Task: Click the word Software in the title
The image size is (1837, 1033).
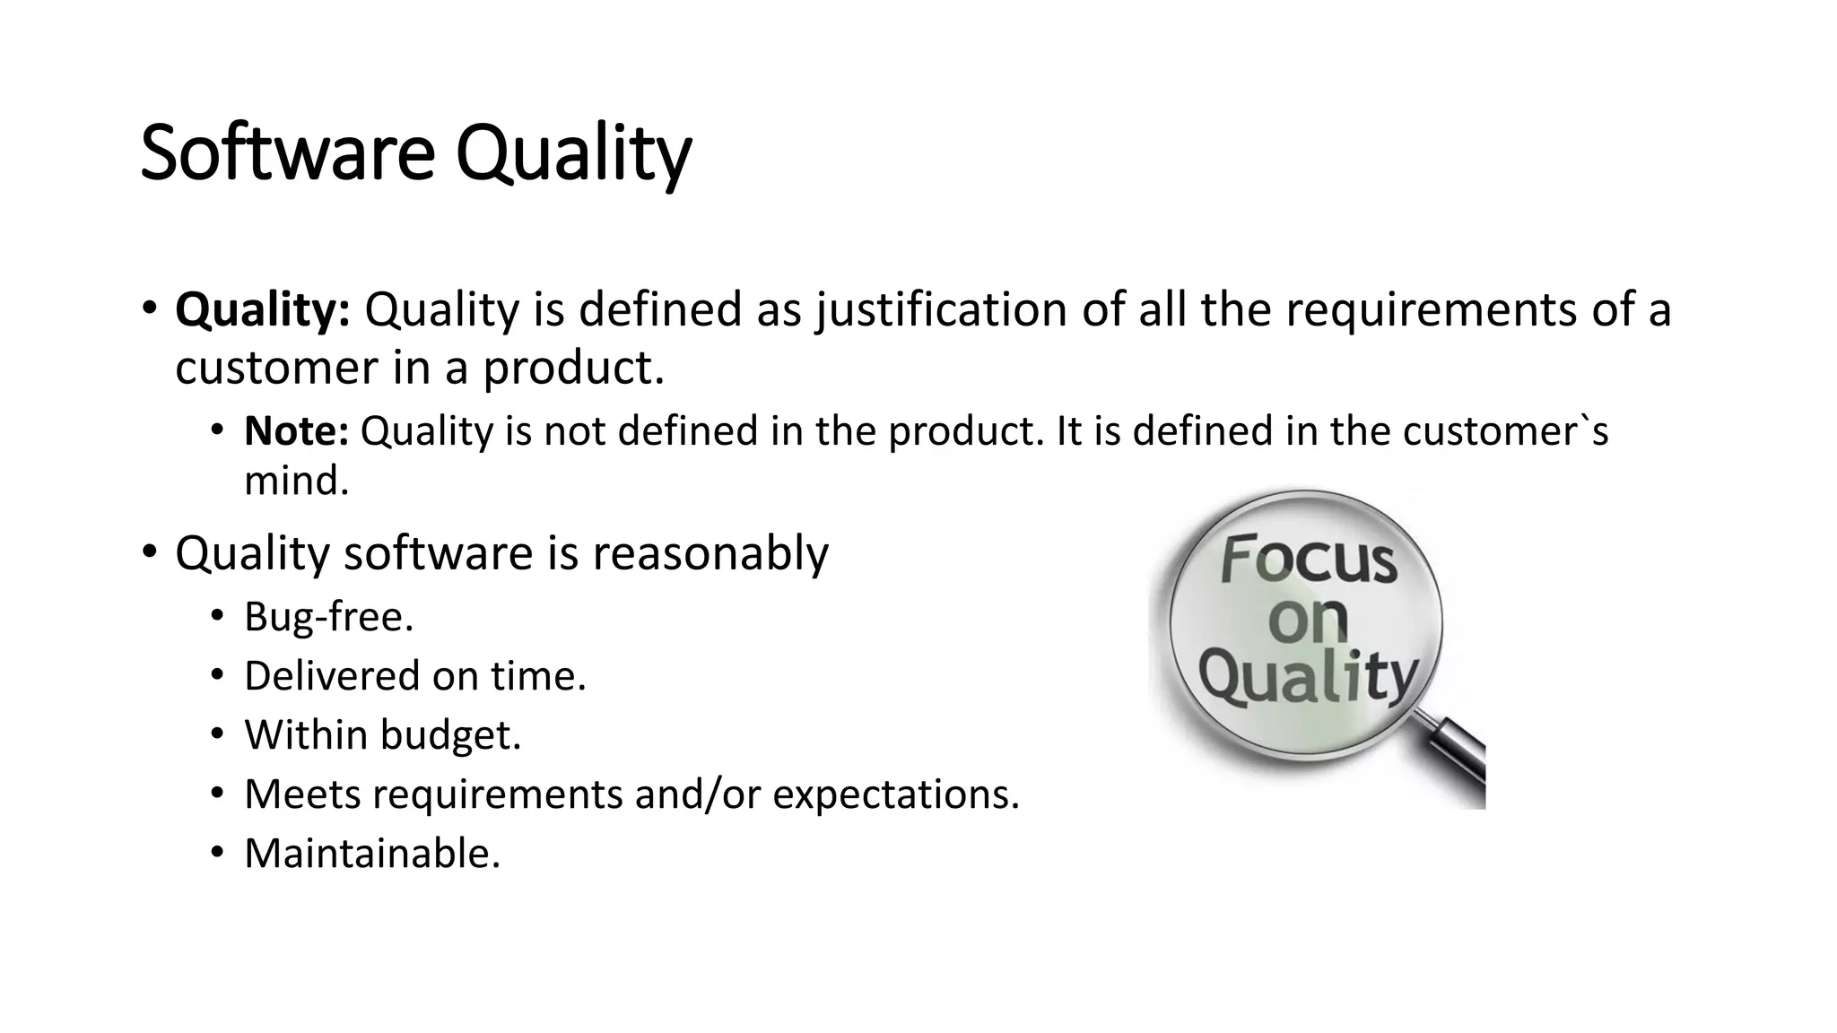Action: click(287, 153)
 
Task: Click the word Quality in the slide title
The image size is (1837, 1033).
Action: click(574, 153)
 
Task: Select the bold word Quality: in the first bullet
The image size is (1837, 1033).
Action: click(262, 309)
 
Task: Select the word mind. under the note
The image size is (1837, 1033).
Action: click(296, 481)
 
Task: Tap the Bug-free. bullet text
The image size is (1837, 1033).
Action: click(328, 617)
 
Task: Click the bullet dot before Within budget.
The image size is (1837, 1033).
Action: click(216, 735)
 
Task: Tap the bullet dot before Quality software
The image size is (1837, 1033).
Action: click(149, 551)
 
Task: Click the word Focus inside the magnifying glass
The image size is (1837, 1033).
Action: click(1308, 560)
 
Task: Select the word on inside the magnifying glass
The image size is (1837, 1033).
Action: click(1308, 619)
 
